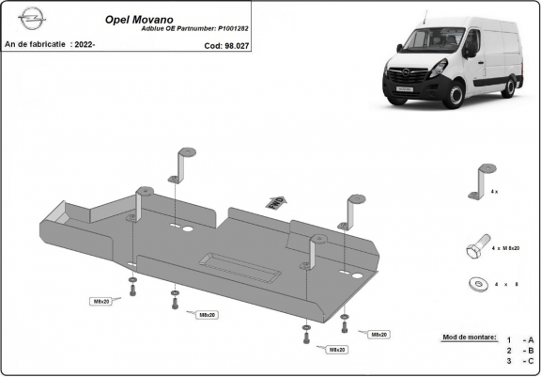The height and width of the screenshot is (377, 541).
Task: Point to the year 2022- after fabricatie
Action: (83, 44)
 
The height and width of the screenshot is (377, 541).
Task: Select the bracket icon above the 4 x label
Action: (486, 176)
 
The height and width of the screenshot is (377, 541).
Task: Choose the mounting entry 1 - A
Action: (519, 339)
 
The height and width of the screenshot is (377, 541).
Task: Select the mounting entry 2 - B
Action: (519, 350)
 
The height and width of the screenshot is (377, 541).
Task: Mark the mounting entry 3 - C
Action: (519, 361)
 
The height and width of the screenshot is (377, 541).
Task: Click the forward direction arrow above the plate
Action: (275, 200)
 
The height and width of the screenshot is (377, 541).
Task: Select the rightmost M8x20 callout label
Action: (379, 334)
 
